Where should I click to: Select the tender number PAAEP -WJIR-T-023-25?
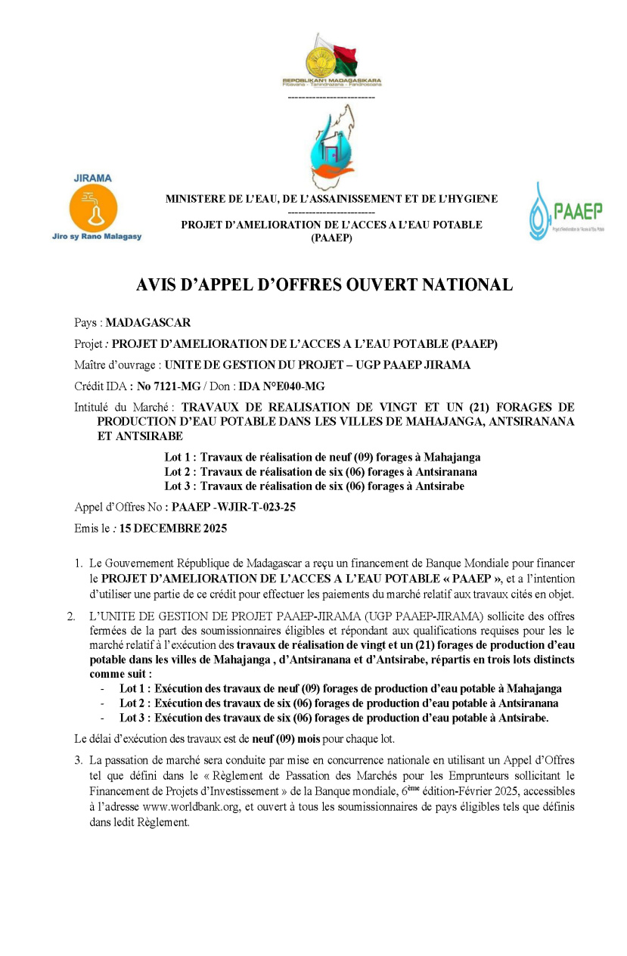[234, 507]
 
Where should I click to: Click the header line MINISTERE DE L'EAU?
[331, 199]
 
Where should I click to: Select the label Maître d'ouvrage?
[116, 365]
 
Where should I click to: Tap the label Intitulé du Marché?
[125, 407]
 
